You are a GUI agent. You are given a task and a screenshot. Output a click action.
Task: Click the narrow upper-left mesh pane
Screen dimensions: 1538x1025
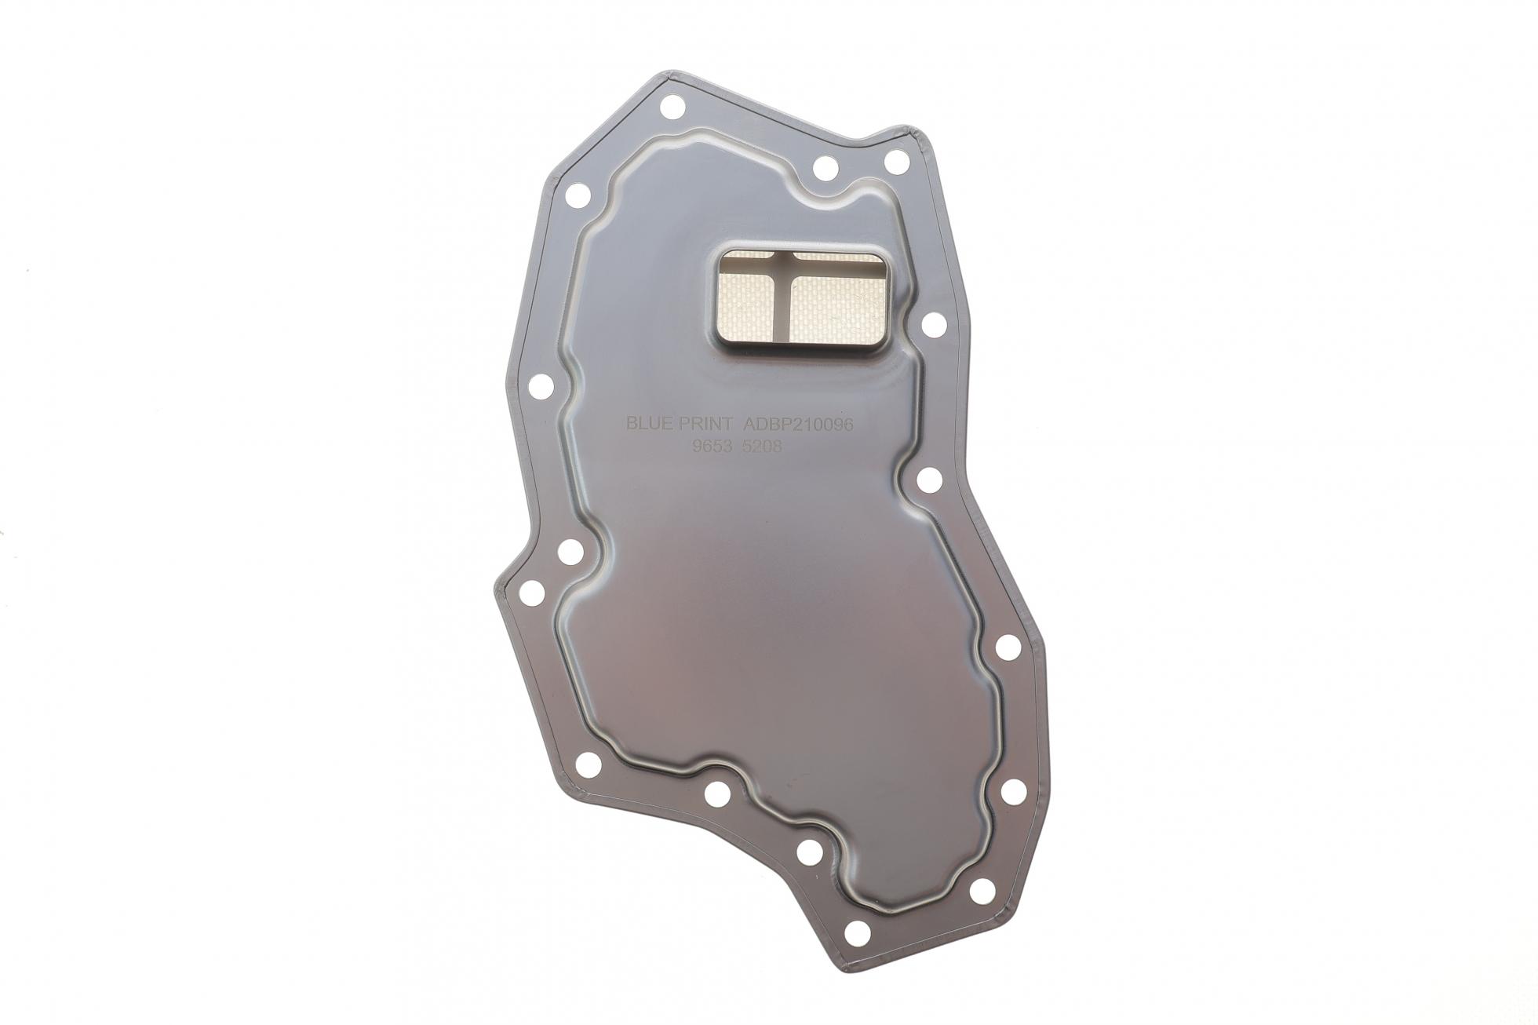click(x=752, y=257)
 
